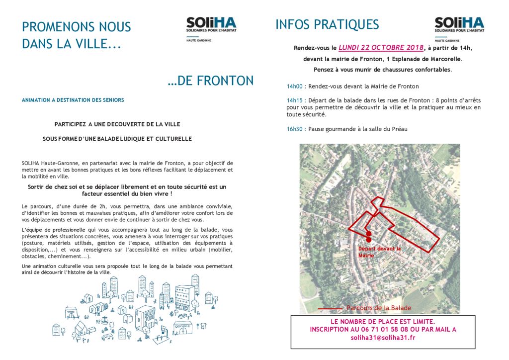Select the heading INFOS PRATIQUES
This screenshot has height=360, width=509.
(x=327, y=24)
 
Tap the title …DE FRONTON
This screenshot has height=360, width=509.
(x=211, y=81)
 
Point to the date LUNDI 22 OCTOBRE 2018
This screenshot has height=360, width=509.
(x=381, y=48)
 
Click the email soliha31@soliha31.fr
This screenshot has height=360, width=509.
(x=383, y=338)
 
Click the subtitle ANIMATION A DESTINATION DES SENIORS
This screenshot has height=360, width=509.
(x=73, y=100)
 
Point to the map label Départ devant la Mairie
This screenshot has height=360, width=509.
(x=379, y=252)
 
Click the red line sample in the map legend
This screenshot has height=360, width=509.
(x=330, y=309)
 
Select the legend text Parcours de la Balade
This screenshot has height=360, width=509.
(x=379, y=308)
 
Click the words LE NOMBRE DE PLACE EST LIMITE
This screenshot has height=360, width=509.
(x=383, y=321)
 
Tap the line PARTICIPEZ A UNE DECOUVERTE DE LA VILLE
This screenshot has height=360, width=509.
(x=117, y=123)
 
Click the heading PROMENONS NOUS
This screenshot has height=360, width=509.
(x=77, y=27)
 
